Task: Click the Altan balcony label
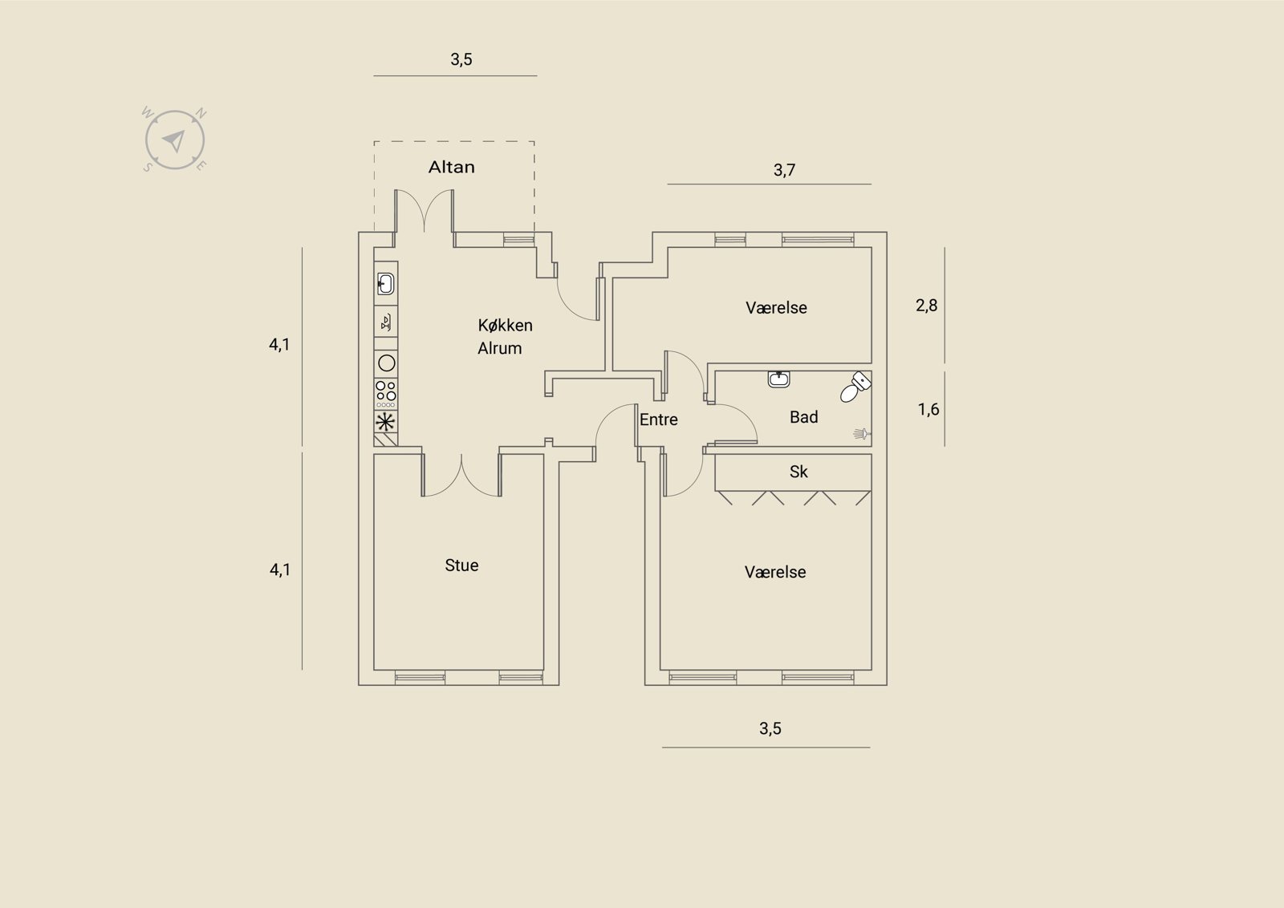pyautogui.click(x=452, y=168)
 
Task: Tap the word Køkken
pyautogui.click(x=505, y=326)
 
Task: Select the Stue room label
pyautogui.click(x=461, y=565)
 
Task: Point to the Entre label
pyautogui.click(x=659, y=420)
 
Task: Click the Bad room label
pyautogui.click(x=803, y=417)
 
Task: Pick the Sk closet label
pyautogui.click(x=798, y=472)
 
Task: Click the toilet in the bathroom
pyautogui.click(x=856, y=386)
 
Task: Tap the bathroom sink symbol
pyautogui.click(x=778, y=379)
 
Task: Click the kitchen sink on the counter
pyautogui.click(x=386, y=284)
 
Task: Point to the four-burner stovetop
pyautogui.click(x=386, y=394)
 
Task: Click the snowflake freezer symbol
pyautogui.click(x=386, y=423)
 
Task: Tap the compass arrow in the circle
pyautogui.click(x=173, y=140)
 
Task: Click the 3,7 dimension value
pyautogui.click(x=784, y=170)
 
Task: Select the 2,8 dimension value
pyautogui.click(x=926, y=306)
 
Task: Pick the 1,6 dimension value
pyautogui.click(x=928, y=410)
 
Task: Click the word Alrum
pyautogui.click(x=500, y=348)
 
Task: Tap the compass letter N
pyautogui.click(x=201, y=113)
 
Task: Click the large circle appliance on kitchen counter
pyautogui.click(x=387, y=363)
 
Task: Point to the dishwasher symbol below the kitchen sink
pyautogui.click(x=386, y=322)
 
